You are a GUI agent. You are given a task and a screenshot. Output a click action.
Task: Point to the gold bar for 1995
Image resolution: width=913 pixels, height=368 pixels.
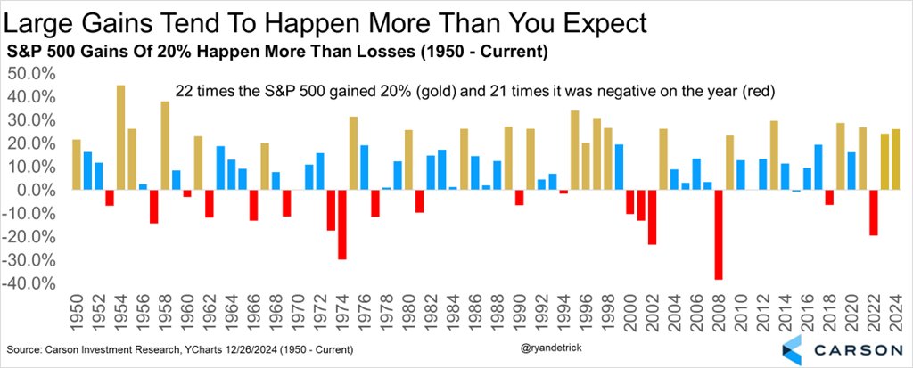pos(574,150)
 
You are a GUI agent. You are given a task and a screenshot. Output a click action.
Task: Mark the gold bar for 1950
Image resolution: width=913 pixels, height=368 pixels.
pos(77,165)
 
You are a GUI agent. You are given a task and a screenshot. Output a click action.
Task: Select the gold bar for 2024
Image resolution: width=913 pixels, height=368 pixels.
pos(895,159)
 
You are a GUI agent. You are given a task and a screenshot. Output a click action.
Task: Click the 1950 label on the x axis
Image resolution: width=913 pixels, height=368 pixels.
pos(77,314)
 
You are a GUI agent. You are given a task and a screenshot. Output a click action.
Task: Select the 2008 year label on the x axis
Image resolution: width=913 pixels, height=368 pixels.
pos(719,314)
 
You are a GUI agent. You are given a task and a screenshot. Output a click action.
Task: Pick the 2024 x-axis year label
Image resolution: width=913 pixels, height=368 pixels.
pos(895,314)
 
